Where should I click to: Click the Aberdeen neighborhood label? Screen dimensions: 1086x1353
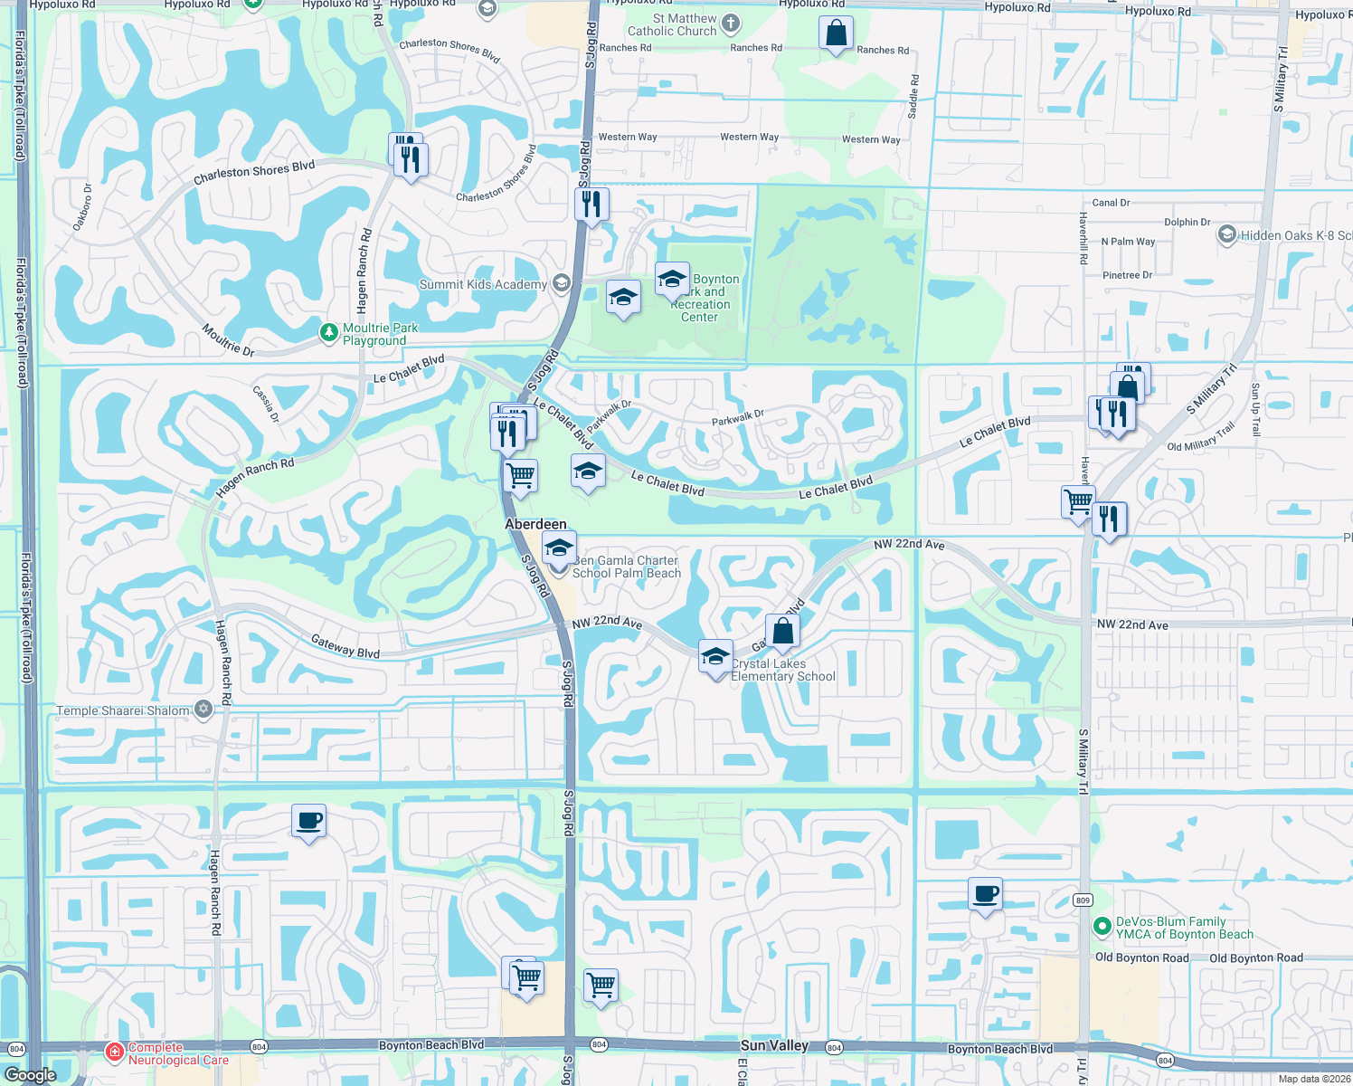535,524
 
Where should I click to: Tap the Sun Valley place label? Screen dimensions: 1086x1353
774,1045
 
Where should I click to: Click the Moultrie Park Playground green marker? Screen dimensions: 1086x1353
329,333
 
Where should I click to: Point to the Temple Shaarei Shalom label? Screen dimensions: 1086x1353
123,710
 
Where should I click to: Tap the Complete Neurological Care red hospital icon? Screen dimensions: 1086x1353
115,1052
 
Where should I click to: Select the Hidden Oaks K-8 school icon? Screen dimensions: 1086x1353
1227,235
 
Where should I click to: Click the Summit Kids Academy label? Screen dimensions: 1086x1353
483,284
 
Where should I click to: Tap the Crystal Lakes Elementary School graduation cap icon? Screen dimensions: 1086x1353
715,656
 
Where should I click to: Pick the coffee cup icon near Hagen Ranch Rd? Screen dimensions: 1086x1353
308,821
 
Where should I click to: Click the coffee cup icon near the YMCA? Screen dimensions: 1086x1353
985,894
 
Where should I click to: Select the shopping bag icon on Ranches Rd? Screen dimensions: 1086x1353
836,33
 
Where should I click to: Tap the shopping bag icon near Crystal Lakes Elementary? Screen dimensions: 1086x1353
782,631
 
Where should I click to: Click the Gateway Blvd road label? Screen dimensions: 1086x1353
345,646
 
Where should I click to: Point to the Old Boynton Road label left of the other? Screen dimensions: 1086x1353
1141,957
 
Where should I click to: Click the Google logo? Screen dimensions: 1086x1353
31,1074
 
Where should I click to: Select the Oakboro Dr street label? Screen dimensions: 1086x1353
81,207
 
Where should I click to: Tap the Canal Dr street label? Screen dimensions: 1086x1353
1111,203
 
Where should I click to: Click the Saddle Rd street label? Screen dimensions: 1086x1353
913,97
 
